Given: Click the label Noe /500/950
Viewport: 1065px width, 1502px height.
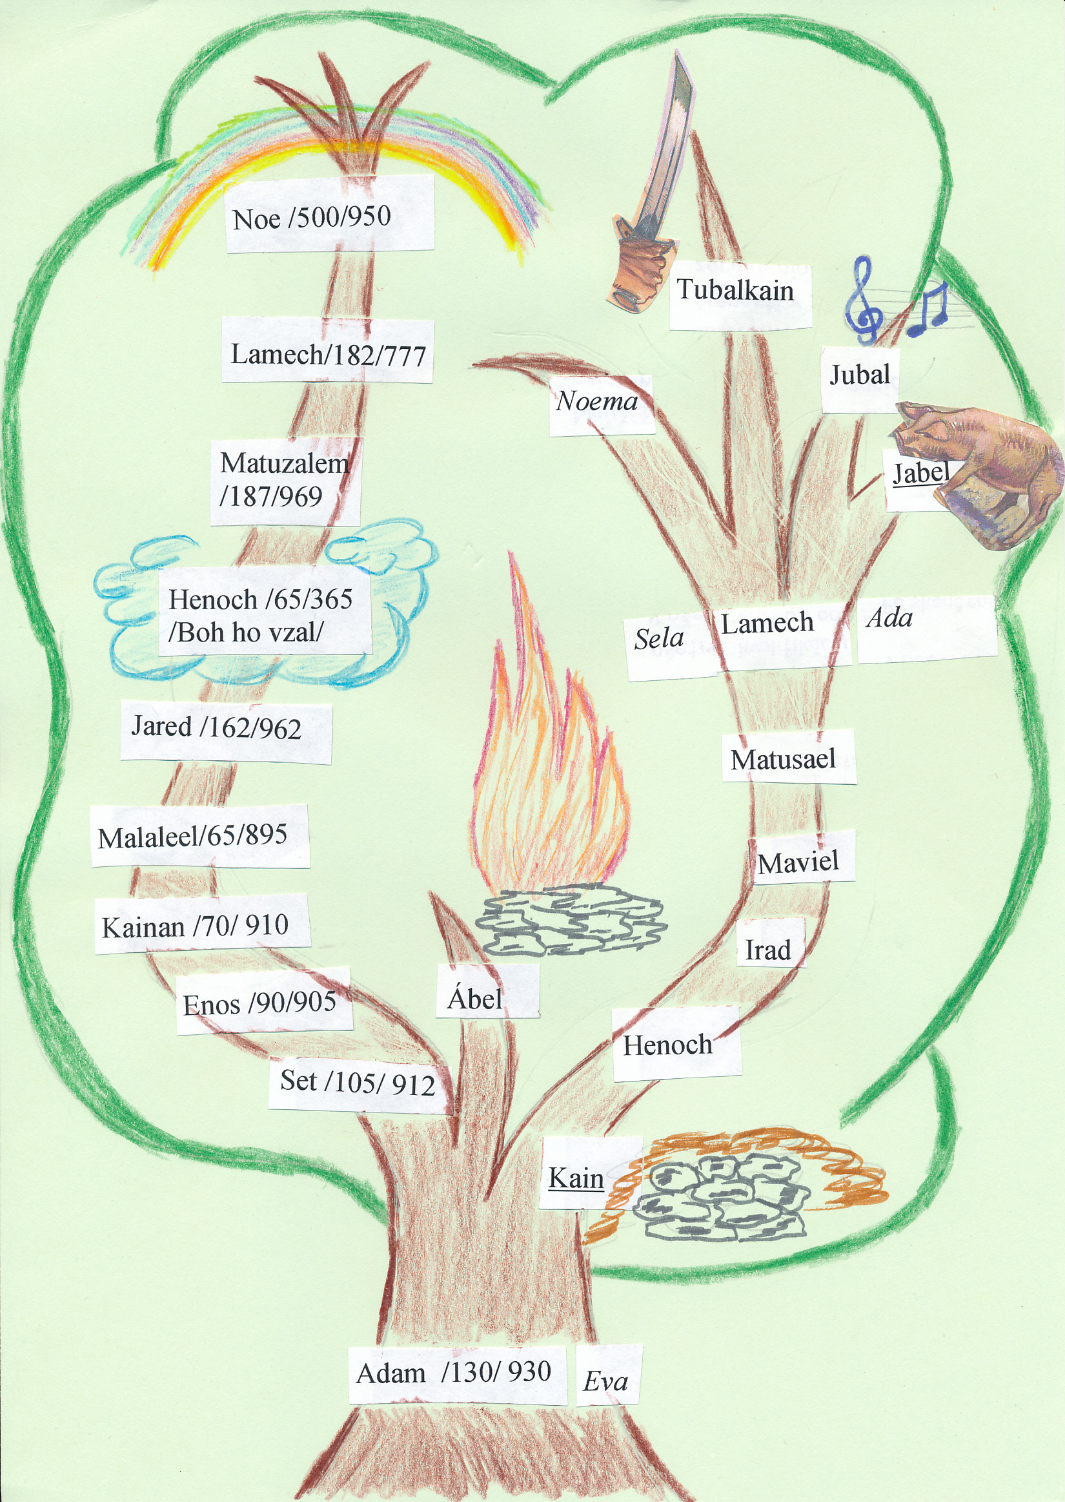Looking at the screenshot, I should click(312, 217).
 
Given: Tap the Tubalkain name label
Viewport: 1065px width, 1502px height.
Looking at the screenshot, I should click(735, 290).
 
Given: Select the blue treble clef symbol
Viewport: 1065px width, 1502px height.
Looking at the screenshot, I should click(864, 302).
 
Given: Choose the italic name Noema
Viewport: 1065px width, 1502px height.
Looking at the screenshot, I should click(597, 401).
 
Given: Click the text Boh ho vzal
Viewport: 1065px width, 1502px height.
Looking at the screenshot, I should click(246, 632).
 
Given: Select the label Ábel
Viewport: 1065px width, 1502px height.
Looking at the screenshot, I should click(476, 999).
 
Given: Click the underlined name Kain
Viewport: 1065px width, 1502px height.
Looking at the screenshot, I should click(576, 1178).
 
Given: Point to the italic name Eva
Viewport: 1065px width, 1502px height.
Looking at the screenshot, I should click(605, 1382).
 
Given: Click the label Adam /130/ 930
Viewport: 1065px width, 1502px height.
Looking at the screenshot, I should click(454, 1373).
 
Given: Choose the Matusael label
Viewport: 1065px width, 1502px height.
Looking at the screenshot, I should click(783, 760).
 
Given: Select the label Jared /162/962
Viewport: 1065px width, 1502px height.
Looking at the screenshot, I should click(216, 727).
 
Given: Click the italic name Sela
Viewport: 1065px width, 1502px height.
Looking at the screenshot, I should click(658, 638).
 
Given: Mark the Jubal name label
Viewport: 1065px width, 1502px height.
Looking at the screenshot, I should click(860, 375).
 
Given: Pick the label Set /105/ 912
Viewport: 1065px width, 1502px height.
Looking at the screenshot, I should click(358, 1081).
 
